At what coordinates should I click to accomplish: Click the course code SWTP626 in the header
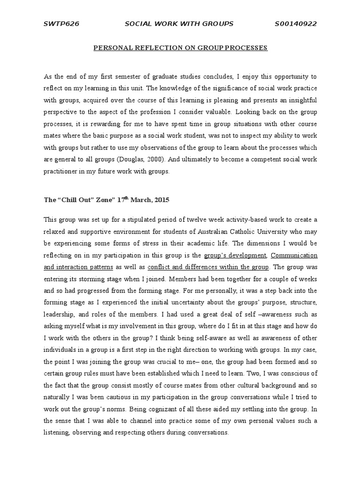pyautogui.click(x=61, y=24)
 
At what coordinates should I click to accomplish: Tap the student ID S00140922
pyautogui.click(x=296, y=24)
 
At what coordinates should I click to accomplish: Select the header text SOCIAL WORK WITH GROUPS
pyautogui.click(x=178, y=24)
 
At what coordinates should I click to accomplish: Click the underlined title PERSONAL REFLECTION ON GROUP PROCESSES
pyautogui.click(x=180, y=48)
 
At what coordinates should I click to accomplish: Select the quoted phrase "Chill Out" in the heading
pyautogui.click(x=75, y=200)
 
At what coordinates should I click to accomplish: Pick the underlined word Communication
pyautogui.click(x=294, y=256)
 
